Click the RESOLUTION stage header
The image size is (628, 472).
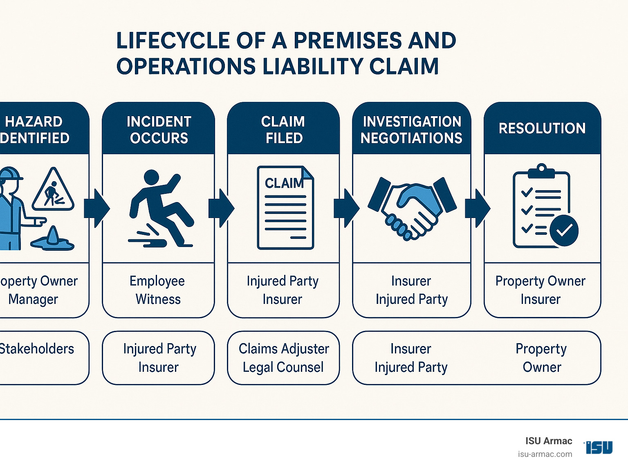tap(542, 128)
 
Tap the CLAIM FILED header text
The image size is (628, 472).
tap(283, 130)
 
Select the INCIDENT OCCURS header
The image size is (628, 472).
tap(159, 130)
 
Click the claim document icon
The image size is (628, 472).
tap(285, 208)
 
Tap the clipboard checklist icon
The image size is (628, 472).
tap(541, 207)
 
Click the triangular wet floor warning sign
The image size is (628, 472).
tap(53, 190)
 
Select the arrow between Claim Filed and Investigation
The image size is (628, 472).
tap(346, 208)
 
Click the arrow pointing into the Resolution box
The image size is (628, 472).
tap(477, 208)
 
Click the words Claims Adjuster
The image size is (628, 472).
tap(284, 349)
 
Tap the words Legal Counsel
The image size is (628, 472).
tap(283, 367)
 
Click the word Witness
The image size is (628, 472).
tap(158, 299)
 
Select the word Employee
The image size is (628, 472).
tap(157, 281)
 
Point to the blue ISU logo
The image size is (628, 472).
tap(599, 447)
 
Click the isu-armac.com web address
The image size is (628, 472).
tap(545, 454)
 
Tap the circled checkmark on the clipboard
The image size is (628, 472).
tap(564, 230)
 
